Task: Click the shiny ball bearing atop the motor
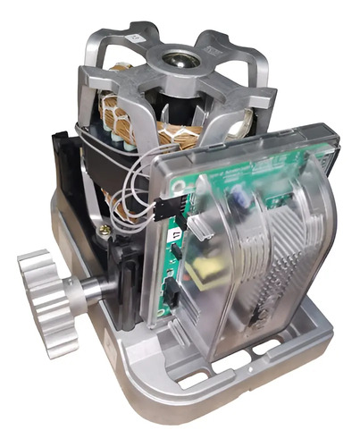pyautogui.click(x=172, y=63)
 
